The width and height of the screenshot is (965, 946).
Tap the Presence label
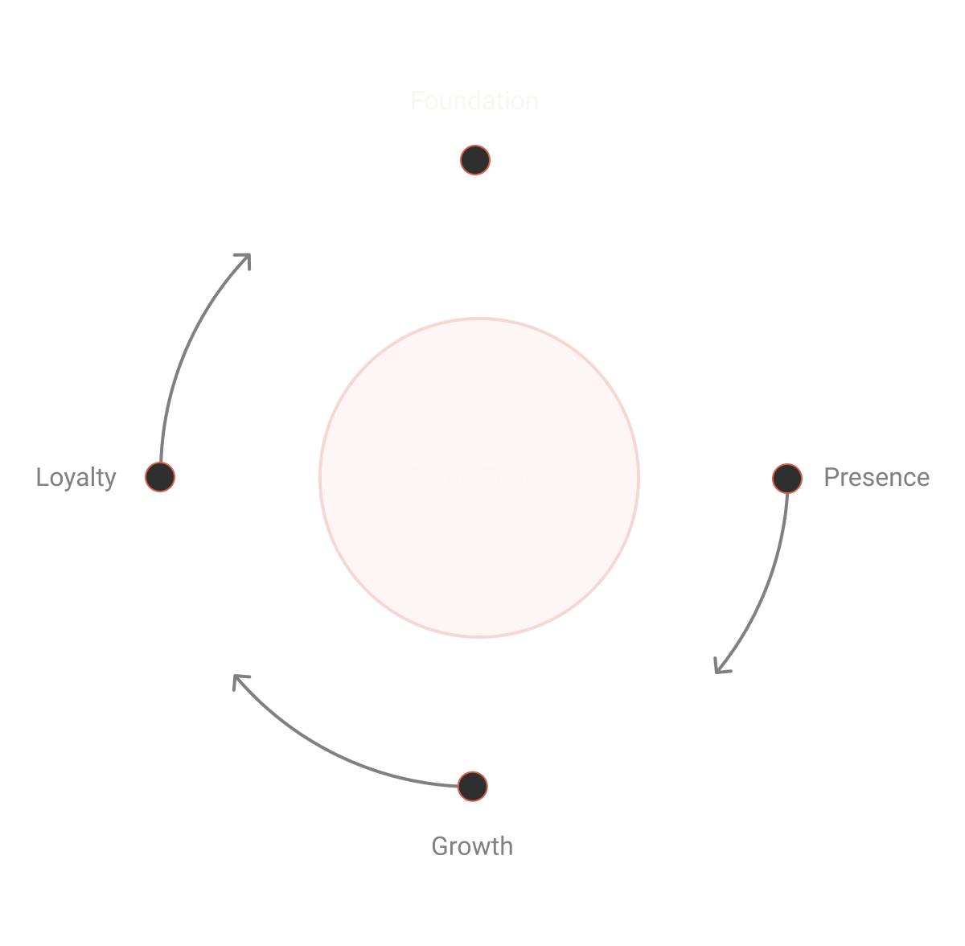pos(877,478)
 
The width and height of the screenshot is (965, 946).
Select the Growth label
pos(472,846)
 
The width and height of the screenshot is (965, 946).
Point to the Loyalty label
pos(76,478)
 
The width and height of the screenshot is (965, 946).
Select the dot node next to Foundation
pos(475,160)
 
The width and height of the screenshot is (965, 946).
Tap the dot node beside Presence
pos(786,479)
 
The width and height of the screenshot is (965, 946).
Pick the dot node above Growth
pos(473,786)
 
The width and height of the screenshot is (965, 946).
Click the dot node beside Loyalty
pos(160,477)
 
